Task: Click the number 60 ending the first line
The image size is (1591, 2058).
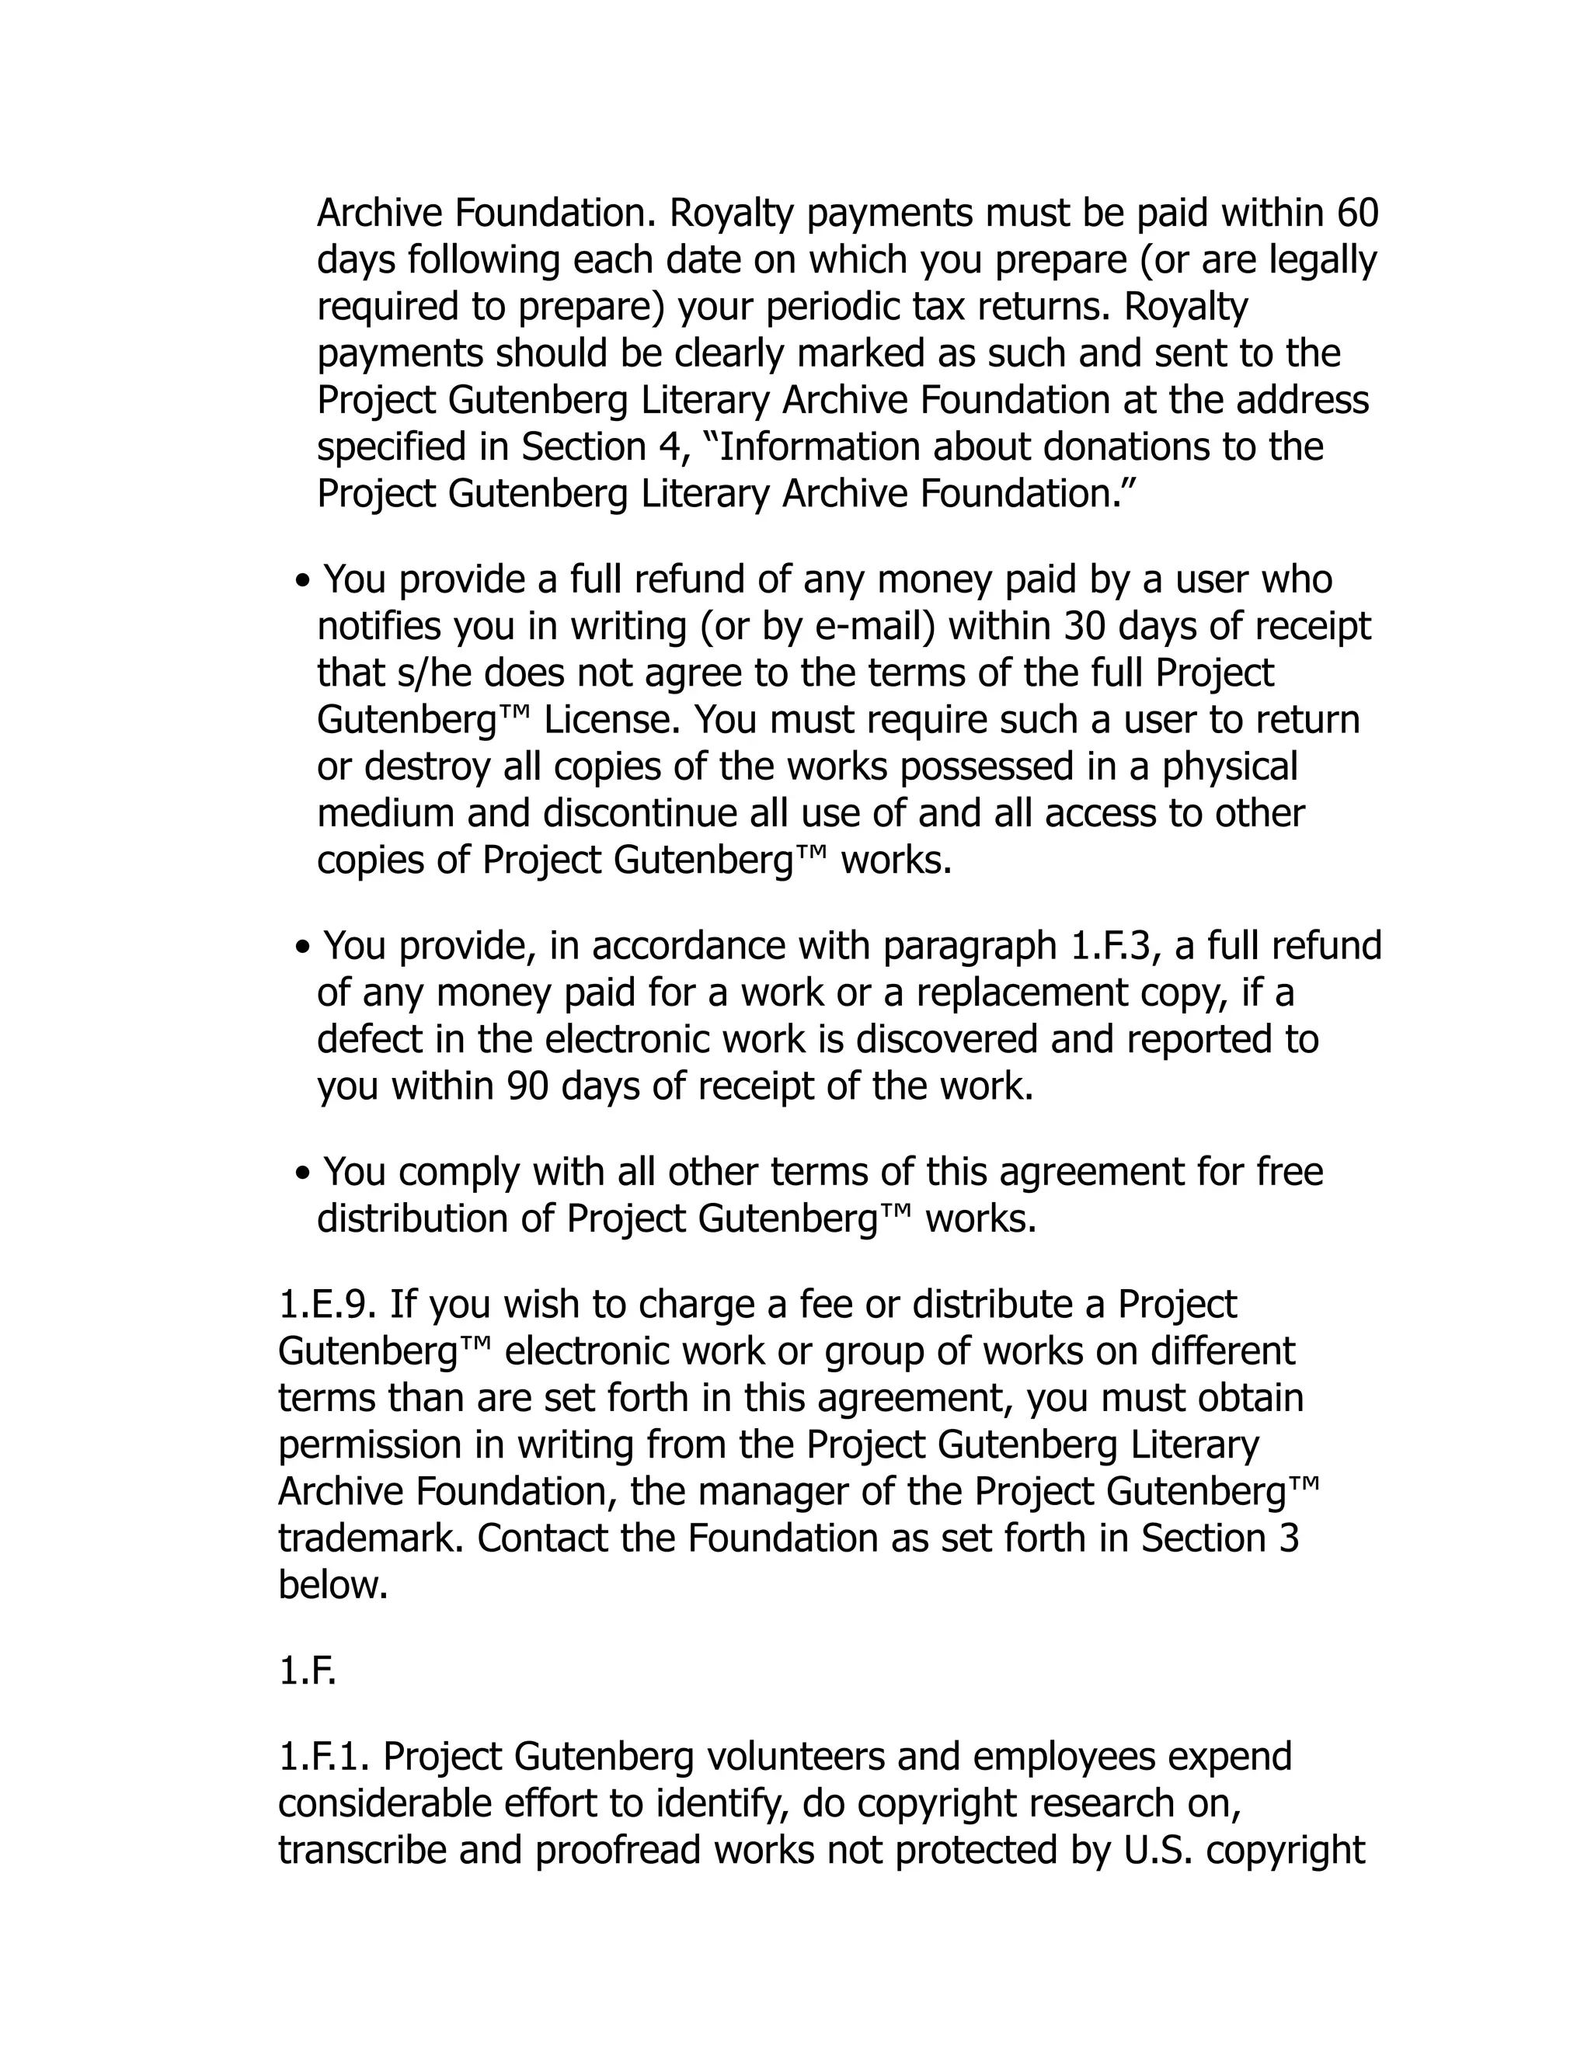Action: pos(1357,214)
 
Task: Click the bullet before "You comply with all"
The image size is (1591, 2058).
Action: pos(301,1174)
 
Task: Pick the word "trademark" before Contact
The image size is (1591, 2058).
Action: pos(371,1538)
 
